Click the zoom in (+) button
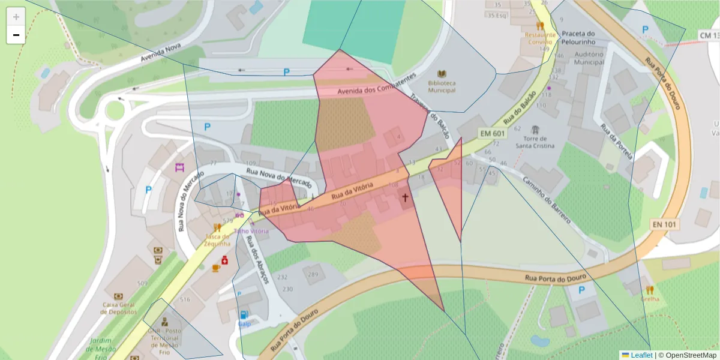pos(16,16)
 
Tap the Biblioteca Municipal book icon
pos(442,73)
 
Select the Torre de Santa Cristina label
pos(535,142)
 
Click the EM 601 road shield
pos(492,132)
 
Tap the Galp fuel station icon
pos(244,315)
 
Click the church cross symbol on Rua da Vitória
pos(405,197)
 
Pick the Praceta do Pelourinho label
pos(578,38)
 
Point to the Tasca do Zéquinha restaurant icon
pos(217,228)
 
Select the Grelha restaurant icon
pos(649,289)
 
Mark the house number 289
pos(313,274)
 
